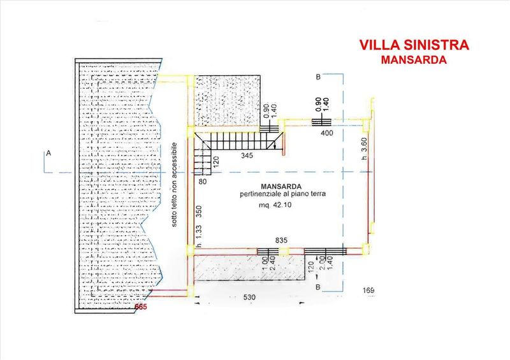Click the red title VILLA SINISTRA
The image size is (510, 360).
click(414, 45)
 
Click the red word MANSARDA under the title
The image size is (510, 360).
click(414, 60)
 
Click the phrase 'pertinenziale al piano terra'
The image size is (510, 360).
click(282, 194)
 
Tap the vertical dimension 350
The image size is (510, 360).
click(199, 213)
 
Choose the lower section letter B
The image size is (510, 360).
click(317, 288)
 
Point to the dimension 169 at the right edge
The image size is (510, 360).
click(369, 292)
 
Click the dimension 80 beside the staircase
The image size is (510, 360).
click(203, 182)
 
